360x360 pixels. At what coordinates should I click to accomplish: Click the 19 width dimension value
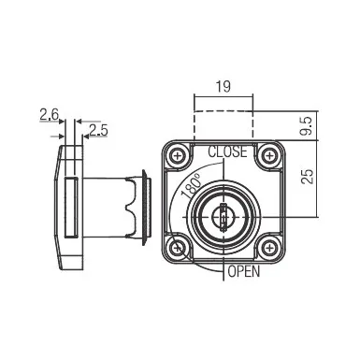pyautogui.click(x=223, y=86)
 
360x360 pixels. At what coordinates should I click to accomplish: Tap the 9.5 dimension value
pyautogui.click(x=306, y=126)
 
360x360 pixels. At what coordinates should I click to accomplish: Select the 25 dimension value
pyautogui.click(x=307, y=177)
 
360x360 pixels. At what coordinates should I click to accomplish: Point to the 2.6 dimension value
pyautogui.click(x=49, y=115)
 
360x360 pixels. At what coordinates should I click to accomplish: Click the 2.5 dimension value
pyautogui.click(x=98, y=130)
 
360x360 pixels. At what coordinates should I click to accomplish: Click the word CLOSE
pyautogui.click(x=227, y=151)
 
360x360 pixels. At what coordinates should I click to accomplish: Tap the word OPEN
pyautogui.click(x=244, y=271)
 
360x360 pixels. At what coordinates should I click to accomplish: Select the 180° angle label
pyautogui.click(x=192, y=186)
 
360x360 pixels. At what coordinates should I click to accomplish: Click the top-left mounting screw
pyautogui.click(x=178, y=155)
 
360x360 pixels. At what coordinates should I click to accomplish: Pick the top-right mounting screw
pyautogui.click(x=268, y=155)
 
